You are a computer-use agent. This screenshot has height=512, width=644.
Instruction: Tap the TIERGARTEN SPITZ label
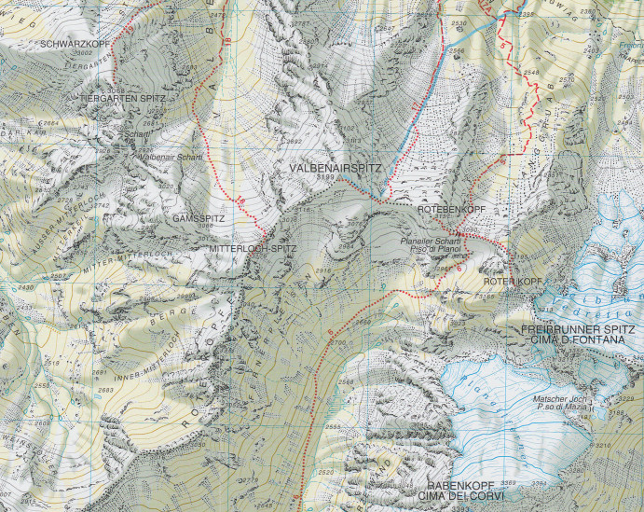(x=123, y=97)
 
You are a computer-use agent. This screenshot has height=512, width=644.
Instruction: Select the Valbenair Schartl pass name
(x=171, y=157)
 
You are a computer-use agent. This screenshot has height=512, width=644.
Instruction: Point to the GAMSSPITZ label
(x=194, y=216)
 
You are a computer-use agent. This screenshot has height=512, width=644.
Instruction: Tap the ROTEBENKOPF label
(x=451, y=211)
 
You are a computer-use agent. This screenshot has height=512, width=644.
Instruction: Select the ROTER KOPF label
(x=513, y=281)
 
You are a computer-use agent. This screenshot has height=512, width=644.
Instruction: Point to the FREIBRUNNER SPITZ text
(x=579, y=330)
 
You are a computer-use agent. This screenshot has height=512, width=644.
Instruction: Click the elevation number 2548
(x=531, y=72)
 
